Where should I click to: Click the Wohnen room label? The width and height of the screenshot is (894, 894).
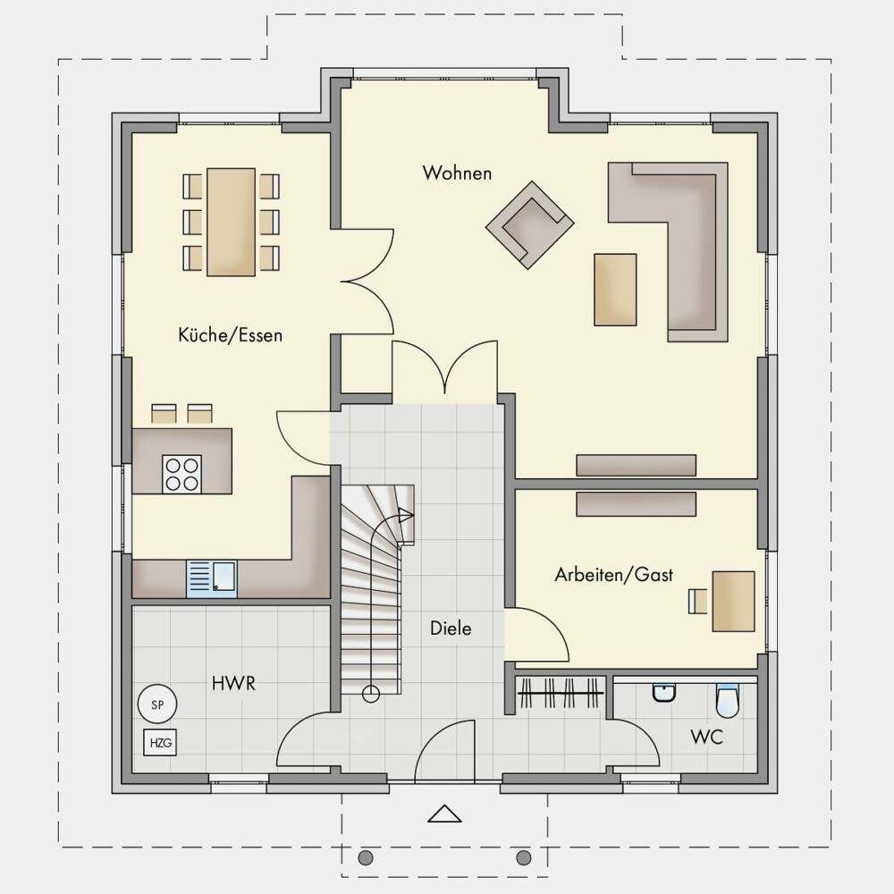point(457,173)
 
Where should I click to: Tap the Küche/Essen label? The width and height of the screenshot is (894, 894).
point(231,334)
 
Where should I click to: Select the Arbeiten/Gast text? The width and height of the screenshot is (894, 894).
point(614,574)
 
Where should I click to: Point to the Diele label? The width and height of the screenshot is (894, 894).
point(451,628)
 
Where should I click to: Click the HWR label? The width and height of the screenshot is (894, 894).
point(233,683)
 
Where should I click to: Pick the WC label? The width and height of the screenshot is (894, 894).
point(707,737)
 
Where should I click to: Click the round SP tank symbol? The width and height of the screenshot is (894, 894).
point(157,704)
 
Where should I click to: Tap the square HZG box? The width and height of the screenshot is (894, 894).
point(160,743)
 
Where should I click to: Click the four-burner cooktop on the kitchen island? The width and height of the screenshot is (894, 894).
point(181,474)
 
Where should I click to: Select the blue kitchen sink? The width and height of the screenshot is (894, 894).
point(212,578)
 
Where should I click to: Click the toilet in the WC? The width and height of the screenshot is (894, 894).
point(727,700)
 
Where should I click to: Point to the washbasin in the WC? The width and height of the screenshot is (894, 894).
point(664,693)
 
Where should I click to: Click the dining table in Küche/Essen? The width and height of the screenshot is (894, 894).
point(231,222)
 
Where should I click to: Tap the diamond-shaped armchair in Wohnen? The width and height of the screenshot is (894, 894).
point(529,224)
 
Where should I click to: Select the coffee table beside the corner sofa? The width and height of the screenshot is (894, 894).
point(615,290)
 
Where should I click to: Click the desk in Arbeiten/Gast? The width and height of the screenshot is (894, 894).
point(733,601)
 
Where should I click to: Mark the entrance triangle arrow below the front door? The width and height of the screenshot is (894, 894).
point(444,814)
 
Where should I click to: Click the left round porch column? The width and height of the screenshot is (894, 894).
point(366,857)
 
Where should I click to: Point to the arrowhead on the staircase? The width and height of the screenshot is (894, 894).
point(406,516)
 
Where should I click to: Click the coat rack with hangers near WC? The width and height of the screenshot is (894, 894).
point(561,692)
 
